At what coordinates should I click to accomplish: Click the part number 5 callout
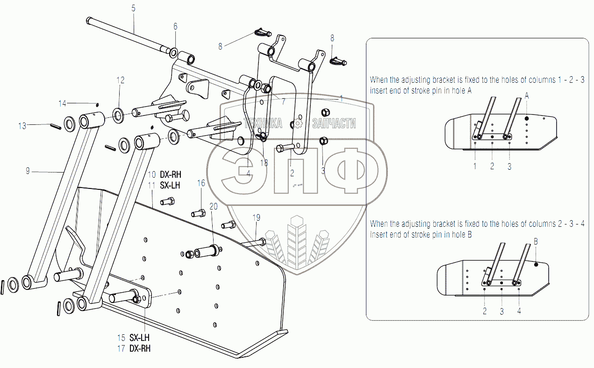(x=133, y=8)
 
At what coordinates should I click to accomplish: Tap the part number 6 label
(x=175, y=27)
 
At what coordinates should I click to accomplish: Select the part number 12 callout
(x=121, y=80)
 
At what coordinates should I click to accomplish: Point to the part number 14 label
(x=63, y=103)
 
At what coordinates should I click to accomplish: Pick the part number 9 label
(x=28, y=172)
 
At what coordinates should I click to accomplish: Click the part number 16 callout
(x=201, y=183)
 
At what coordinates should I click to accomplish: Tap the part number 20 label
(x=214, y=206)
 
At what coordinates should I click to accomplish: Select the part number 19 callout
(x=256, y=217)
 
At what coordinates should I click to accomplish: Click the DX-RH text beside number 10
(x=170, y=174)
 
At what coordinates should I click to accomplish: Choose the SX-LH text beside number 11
(x=170, y=185)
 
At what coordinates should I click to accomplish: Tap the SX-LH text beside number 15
(x=140, y=338)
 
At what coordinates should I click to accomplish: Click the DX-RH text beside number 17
(x=140, y=348)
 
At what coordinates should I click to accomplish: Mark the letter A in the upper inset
(x=527, y=95)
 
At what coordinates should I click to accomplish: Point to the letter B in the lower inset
(x=536, y=242)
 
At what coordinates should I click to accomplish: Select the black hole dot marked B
(x=536, y=265)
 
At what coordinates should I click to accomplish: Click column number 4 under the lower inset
(x=519, y=310)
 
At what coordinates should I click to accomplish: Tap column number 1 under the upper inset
(x=475, y=166)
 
